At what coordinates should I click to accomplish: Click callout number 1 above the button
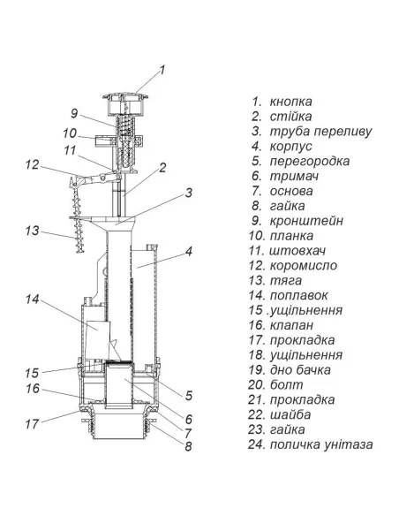(x=162, y=70)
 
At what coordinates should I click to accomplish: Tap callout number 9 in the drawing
(x=74, y=113)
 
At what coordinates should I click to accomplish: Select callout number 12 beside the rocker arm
(x=32, y=164)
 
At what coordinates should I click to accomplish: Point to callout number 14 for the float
(x=32, y=300)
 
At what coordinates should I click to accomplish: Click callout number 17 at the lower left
(x=32, y=424)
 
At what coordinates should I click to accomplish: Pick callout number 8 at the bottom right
(x=188, y=446)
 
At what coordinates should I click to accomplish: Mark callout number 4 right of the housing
(x=188, y=252)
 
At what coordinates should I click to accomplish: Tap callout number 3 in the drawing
(x=188, y=193)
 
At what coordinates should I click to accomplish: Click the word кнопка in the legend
(x=290, y=102)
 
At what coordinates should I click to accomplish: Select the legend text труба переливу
(x=320, y=131)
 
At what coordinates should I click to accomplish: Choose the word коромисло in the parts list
(x=304, y=265)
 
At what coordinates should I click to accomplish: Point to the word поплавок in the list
(x=298, y=295)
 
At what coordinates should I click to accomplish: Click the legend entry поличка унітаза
(x=321, y=444)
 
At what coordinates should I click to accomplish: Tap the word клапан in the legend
(x=291, y=325)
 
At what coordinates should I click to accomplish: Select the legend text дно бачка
(x=300, y=370)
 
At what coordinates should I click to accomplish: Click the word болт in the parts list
(x=286, y=384)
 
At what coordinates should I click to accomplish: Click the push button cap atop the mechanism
(x=125, y=103)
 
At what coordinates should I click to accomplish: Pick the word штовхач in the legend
(x=297, y=250)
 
